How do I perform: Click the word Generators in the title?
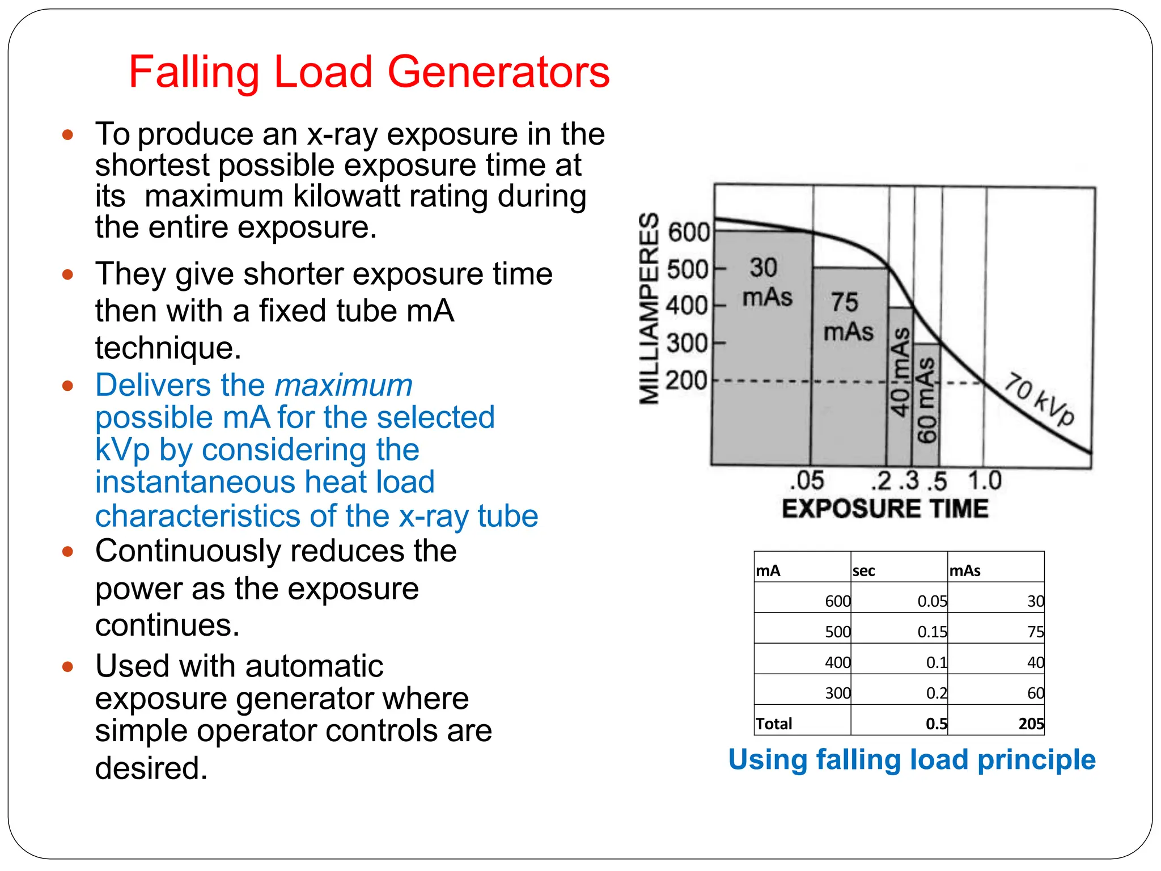pyautogui.click(x=498, y=72)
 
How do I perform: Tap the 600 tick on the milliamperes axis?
pyautogui.click(x=688, y=232)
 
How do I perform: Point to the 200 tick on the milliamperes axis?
pyautogui.click(x=687, y=380)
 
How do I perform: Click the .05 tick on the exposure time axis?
pyautogui.click(x=806, y=481)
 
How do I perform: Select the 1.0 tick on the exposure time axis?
pyautogui.click(x=985, y=481)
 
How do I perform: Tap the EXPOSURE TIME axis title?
pyautogui.click(x=885, y=509)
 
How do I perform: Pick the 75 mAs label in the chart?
pyautogui.click(x=848, y=317)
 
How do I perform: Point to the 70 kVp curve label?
pyautogui.click(x=1039, y=399)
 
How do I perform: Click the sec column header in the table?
pyautogui.click(x=863, y=570)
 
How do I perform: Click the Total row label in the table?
pyautogui.click(x=774, y=724)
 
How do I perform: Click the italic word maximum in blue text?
pyautogui.click(x=344, y=386)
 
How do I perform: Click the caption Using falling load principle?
pyautogui.click(x=912, y=760)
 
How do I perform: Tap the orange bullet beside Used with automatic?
pyautogui.click(x=68, y=666)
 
